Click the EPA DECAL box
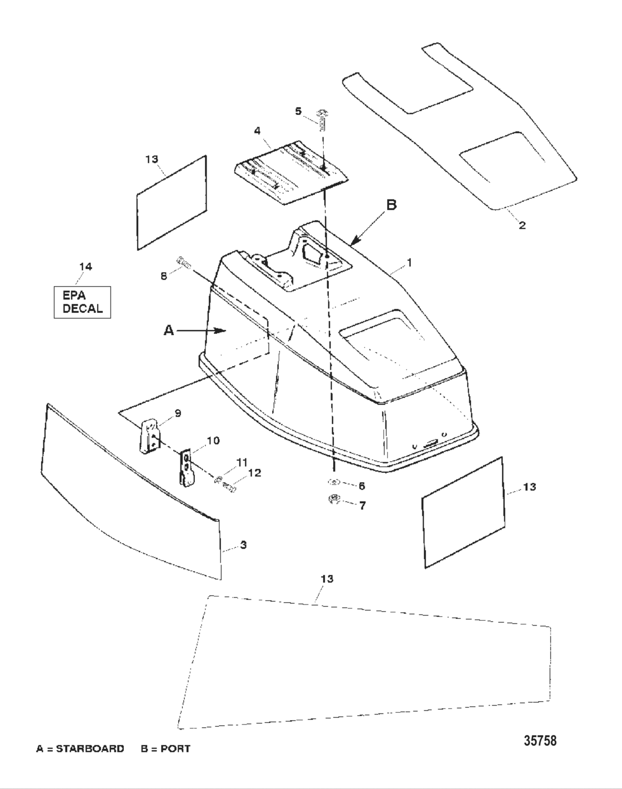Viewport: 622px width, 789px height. point(82,302)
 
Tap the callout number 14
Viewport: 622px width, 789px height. point(85,267)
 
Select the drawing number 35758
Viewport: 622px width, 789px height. point(540,741)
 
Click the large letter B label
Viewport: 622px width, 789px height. point(392,205)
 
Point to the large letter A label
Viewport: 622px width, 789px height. point(169,330)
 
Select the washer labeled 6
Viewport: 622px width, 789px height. point(334,482)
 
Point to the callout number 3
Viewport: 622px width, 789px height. point(243,545)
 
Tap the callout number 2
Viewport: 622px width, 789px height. point(522,226)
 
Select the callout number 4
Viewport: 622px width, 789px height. point(258,131)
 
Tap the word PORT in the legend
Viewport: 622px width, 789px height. point(175,748)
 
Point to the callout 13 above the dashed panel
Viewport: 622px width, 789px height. point(327,579)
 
